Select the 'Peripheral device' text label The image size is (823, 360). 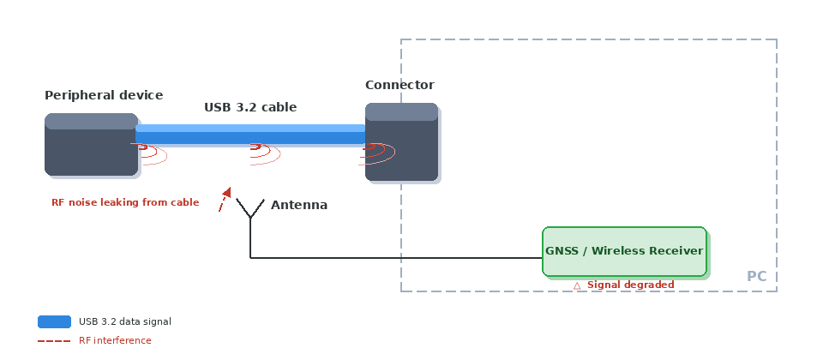104,95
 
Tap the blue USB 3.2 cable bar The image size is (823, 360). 250,134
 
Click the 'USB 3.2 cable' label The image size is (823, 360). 250,107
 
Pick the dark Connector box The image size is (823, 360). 401,150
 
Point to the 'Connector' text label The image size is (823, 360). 399,85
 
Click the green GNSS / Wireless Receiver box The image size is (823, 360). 624,251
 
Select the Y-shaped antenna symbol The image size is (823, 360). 250,211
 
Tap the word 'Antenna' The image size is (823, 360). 299,205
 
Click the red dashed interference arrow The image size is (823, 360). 224,200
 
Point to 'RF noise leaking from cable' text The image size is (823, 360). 125,202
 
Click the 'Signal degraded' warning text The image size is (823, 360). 630,285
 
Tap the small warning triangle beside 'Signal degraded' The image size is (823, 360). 577,285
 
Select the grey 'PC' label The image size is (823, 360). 756,276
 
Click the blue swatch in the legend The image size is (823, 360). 54,321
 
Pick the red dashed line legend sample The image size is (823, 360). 54,340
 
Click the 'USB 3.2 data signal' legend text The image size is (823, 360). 125,321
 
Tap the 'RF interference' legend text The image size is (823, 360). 115,340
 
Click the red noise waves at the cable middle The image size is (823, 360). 264,152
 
